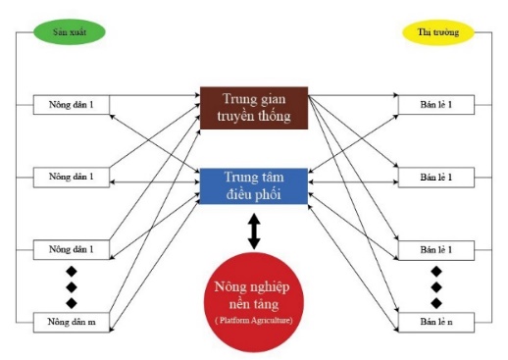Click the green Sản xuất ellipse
[70, 32]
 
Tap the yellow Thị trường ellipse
[438, 32]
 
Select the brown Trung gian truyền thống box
[254, 108]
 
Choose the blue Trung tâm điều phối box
[254, 186]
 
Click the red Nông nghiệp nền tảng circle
[254, 302]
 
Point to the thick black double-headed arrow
[254, 231]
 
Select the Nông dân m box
[72, 323]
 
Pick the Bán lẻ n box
[436, 323]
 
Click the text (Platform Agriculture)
[254, 320]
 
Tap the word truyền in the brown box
[236, 117]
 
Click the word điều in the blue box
[239, 194]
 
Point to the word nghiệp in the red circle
[270, 287]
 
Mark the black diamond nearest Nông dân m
[72, 303]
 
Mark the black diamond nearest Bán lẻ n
[436, 303]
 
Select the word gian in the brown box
[273, 99]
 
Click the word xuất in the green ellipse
[77, 32]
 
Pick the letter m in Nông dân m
[91, 322]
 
